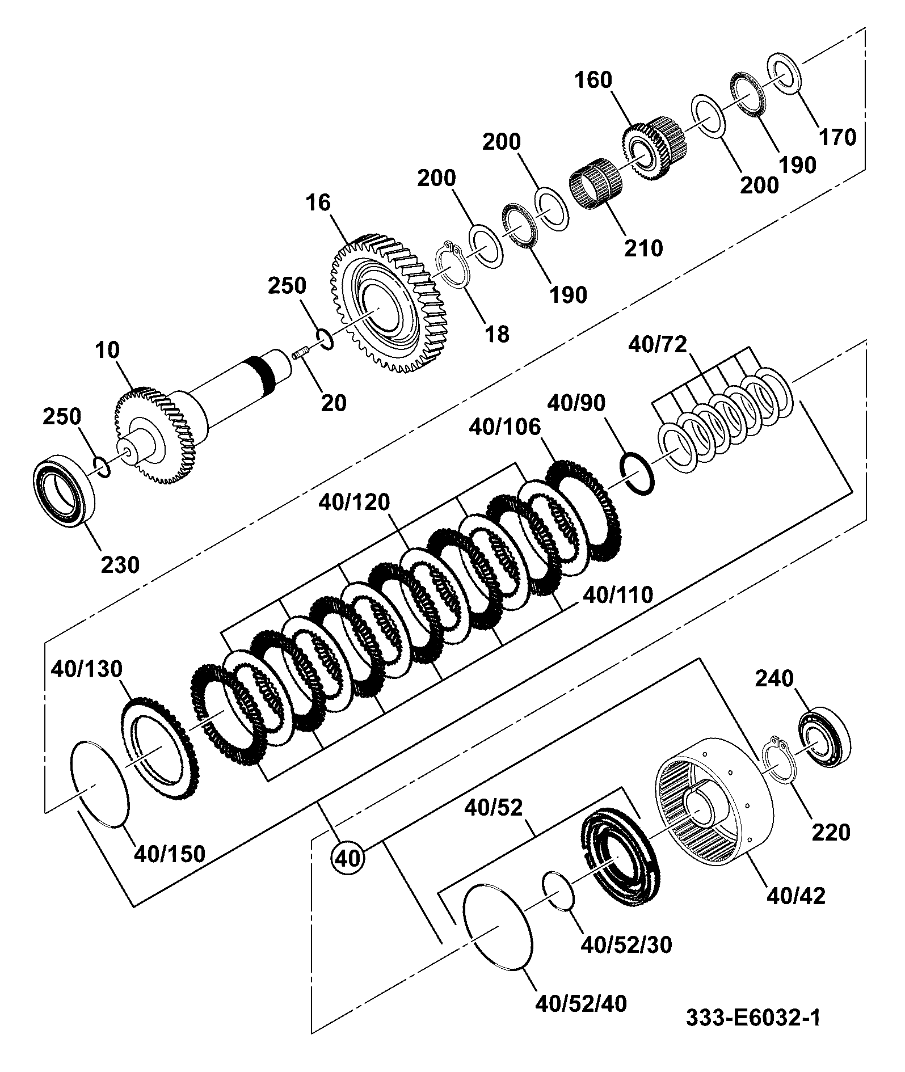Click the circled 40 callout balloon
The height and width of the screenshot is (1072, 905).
(348, 858)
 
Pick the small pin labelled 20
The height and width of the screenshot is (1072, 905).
(300, 356)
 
